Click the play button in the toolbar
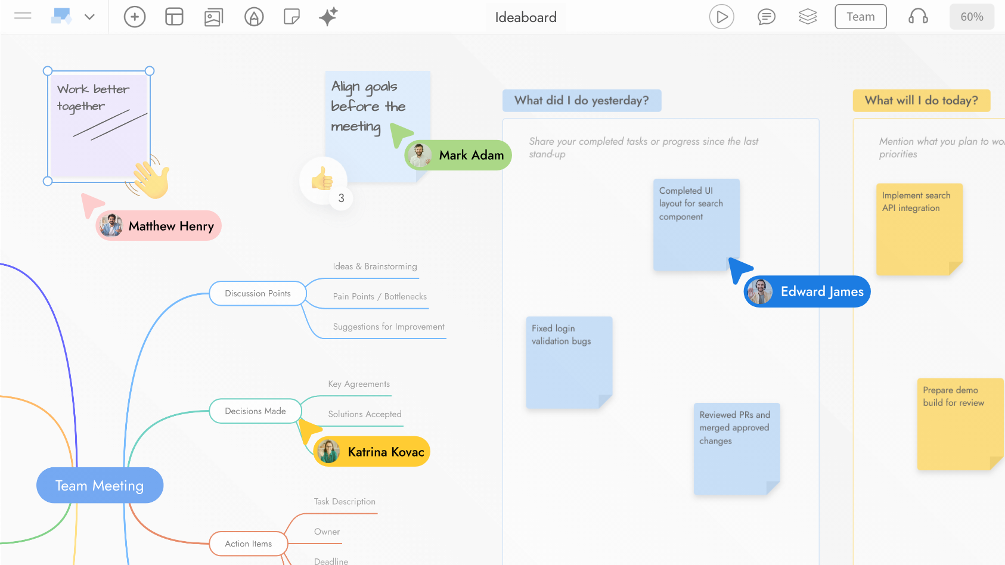click(x=721, y=17)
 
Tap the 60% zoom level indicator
click(x=972, y=17)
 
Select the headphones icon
click(x=918, y=17)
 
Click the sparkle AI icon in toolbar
click(x=328, y=17)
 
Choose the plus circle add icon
click(x=135, y=17)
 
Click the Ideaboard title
click(x=526, y=17)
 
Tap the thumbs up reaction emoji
click(x=322, y=179)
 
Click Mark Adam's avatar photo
click(x=420, y=155)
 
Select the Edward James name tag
click(x=807, y=291)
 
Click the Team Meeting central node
click(x=100, y=485)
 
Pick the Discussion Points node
click(x=258, y=293)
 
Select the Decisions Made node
click(x=255, y=411)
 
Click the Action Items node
click(x=248, y=544)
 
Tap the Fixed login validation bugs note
click(x=569, y=362)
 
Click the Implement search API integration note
click(x=919, y=229)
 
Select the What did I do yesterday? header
click(x=581, y=101)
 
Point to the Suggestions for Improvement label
click(x=389, y=327)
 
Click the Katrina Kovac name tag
click(x=372, y=452)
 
